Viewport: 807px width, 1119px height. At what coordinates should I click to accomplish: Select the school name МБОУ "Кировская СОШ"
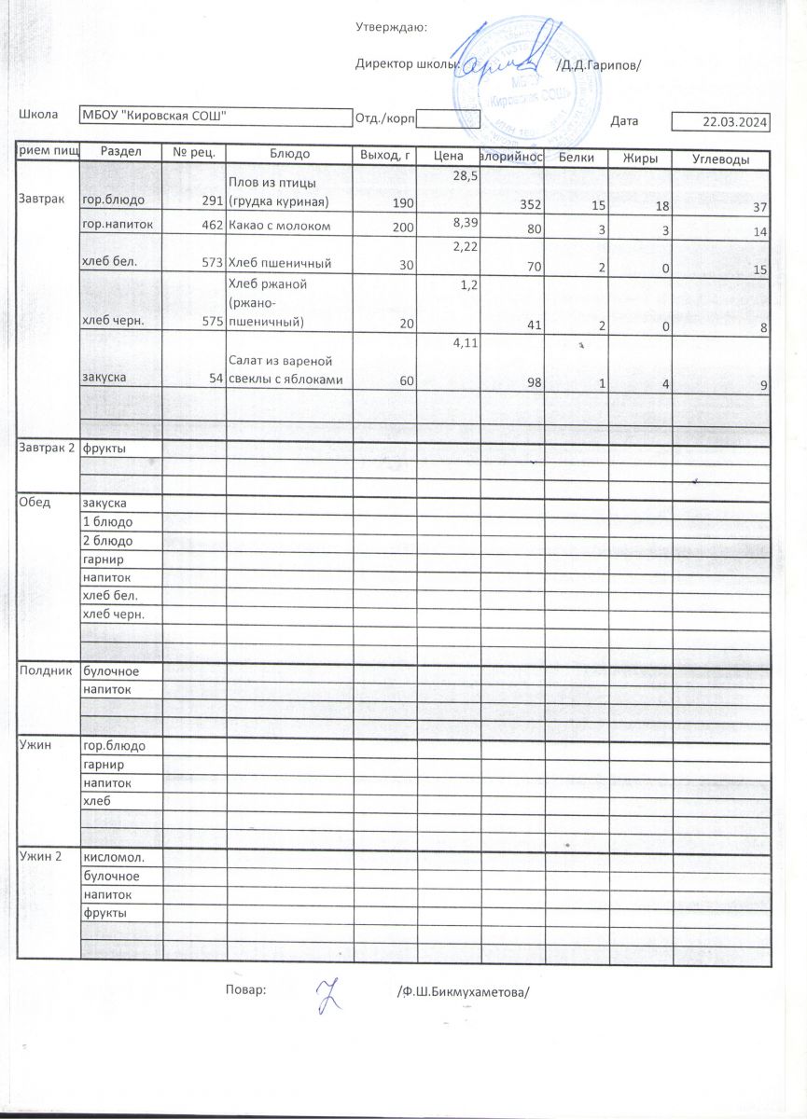(154, 116)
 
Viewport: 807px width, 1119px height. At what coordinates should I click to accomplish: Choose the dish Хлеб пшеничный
(281, 264)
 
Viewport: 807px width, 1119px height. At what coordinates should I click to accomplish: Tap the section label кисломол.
(112, 857)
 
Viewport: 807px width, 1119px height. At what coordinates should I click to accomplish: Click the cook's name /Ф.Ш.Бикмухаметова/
(462, 991)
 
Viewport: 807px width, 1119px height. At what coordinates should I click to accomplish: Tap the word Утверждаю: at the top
(392, 27)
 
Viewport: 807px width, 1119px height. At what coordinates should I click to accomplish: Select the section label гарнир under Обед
(104, 559)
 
